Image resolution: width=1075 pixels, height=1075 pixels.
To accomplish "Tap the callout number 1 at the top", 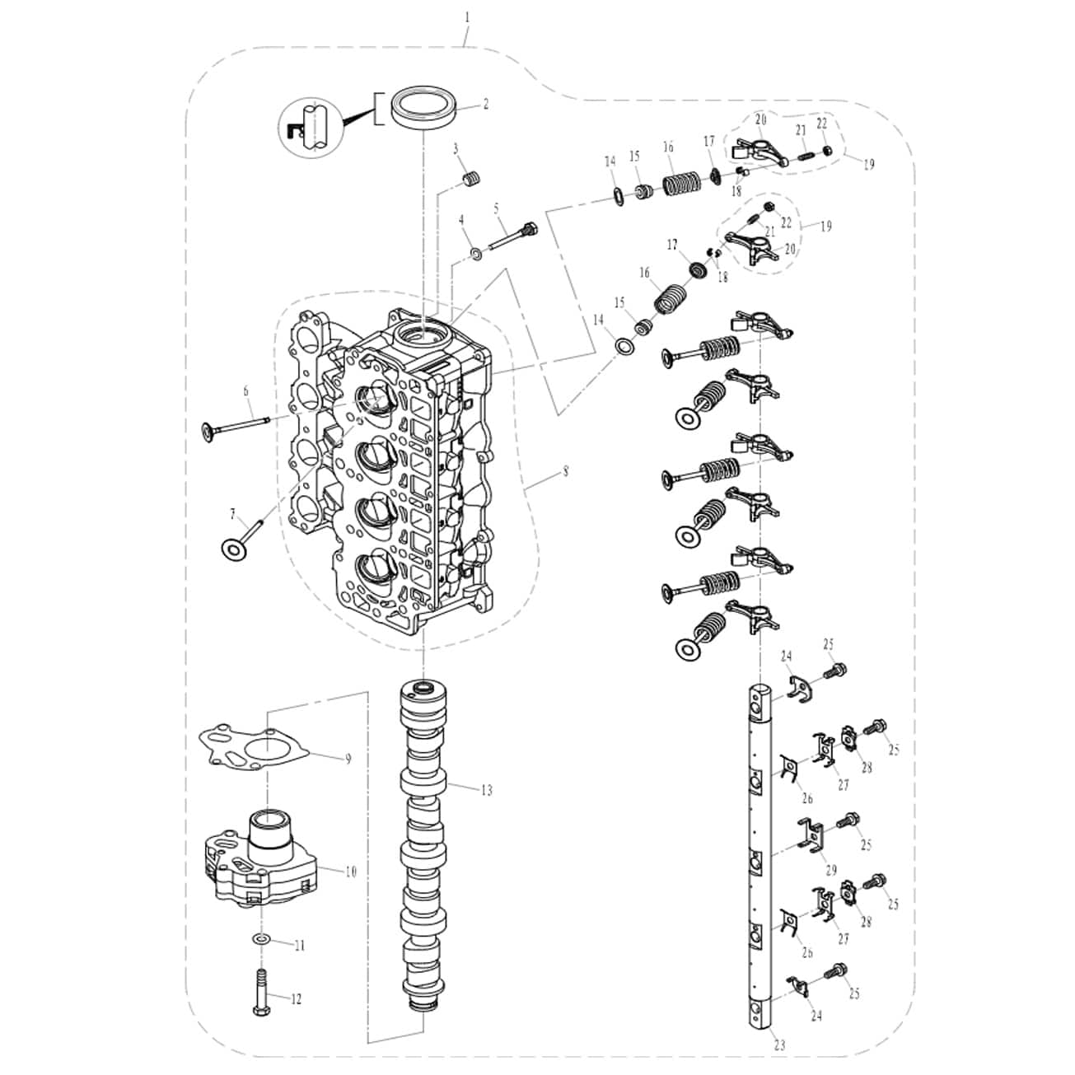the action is pyautogui.click(x=468, y=18).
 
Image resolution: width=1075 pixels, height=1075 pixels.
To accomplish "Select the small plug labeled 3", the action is pyautogui.click(x=472, y=180).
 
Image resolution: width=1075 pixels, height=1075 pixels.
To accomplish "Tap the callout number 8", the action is pyautogui.click(x=566, y=473).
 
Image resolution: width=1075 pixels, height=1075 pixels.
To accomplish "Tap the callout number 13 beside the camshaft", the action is pyautogui.click(x=487, y=790).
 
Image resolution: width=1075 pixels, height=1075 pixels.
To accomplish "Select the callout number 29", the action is pyautogui.click(x=831, y=870).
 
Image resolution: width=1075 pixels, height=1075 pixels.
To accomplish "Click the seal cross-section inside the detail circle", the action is pyautogui.click(x=295, y=129).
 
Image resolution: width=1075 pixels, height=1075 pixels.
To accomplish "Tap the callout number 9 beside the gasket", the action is pyautogui.click(x=348, y=760).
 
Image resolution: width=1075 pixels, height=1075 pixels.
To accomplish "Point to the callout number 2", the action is pyautogui.click(x=486, y=105).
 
